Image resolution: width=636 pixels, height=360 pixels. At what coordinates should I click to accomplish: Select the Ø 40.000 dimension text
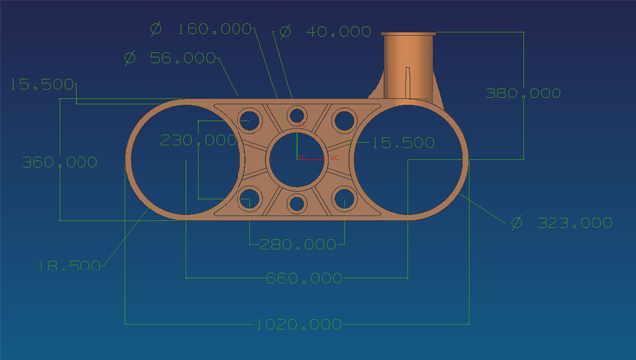(x=325, y=32)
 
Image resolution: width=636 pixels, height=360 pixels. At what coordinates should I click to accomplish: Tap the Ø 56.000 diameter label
(x=170, y=58)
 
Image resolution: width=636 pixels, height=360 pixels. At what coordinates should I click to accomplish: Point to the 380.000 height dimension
(x=523, y=93)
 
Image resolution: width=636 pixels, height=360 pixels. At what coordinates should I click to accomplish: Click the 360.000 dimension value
(x=61, y=162)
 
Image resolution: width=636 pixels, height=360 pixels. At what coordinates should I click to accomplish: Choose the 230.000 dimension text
(x=198, y=141)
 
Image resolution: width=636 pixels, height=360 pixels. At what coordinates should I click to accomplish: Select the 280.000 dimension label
(x=298, y=244)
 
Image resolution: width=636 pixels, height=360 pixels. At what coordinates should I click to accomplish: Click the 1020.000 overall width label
(x=298, y=324)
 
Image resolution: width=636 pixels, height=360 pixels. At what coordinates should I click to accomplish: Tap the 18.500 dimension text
(x=70, y=266)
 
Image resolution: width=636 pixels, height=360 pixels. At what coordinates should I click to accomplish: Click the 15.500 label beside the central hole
(x=402, y=143)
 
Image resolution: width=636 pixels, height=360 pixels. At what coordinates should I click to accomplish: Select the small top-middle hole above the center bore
(x=297, y=113)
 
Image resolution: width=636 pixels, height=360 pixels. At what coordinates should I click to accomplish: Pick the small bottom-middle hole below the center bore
(x=297, y=204)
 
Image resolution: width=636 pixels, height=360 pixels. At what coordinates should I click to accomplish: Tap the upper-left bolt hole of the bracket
(x=249, y=121)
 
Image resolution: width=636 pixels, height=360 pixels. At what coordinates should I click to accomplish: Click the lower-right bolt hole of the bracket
(x=344, y=196)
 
